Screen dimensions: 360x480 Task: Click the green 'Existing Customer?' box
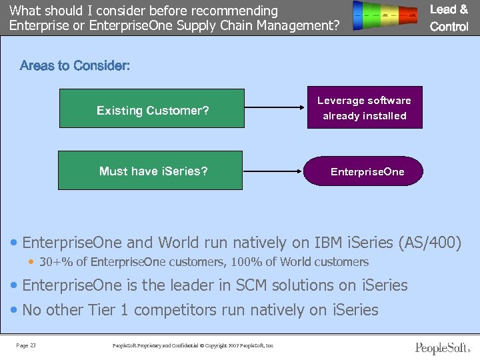[152, 109]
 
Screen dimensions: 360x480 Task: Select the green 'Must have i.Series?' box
[150, 171]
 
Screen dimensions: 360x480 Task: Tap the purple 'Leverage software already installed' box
[364, 108]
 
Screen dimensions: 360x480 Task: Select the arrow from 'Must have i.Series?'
[273, 171]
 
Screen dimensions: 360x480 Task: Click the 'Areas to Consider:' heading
[75, 65]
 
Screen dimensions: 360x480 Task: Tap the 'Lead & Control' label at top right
[449, 18]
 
